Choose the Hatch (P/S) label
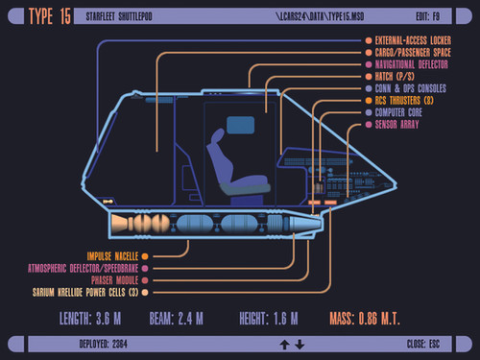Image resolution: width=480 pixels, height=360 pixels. click(399, 76)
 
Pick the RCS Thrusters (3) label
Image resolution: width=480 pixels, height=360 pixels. click(408, 100)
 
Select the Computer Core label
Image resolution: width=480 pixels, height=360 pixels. click(404, 112)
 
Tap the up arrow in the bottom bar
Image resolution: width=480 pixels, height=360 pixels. click(284, 344)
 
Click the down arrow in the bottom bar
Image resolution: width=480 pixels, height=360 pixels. click(300, 344)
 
